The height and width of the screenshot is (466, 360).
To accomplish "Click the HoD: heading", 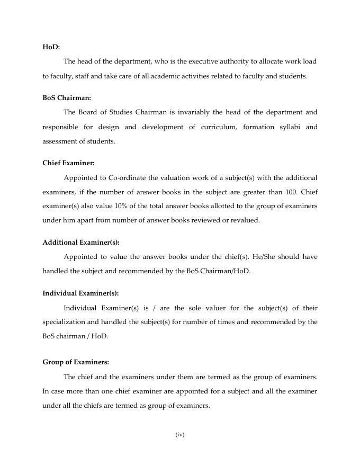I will [x=51, y=47].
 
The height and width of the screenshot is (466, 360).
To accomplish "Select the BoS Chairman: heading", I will [x=67, y=98].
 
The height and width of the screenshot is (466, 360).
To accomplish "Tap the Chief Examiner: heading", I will [x=68, y=163].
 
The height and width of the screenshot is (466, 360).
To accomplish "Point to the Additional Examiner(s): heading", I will [x=81, y=243].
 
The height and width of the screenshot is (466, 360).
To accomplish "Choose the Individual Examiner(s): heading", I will [x=80, y=293].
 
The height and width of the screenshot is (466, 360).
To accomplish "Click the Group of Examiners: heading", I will [x=76, y=362].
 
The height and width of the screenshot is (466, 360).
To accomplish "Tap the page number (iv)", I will [x=179, y=435].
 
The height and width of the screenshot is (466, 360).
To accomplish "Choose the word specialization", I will [x=65, y=322].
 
